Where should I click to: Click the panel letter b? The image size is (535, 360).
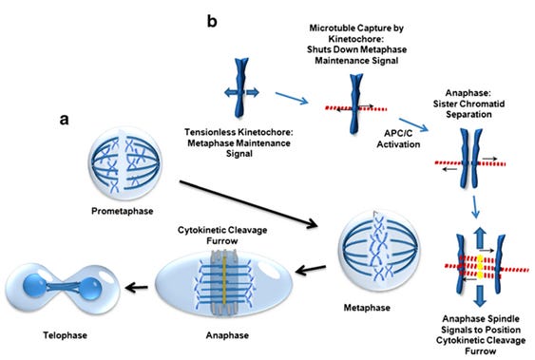pos(212,21)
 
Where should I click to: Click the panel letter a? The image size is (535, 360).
pos(64,120)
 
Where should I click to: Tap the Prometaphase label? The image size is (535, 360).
pos(123,211)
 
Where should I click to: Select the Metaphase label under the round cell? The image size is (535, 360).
pos(367,308)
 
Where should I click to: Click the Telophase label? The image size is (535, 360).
pos(66,335)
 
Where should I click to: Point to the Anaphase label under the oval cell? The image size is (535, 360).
pos(227,335)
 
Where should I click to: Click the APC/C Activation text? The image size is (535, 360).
pos(398,139)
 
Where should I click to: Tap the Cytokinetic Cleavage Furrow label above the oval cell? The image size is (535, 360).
pos(222,236)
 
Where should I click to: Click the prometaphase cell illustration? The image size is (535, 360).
pos(124,163)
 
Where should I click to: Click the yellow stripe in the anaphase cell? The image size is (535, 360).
pos(224,279)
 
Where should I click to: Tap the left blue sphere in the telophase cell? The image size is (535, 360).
pos(35,285)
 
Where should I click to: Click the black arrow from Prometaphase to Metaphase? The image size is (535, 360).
pos(249,204)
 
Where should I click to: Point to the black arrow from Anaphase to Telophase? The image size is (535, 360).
pos(136,288)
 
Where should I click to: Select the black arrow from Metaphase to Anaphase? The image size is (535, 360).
pos(311,270)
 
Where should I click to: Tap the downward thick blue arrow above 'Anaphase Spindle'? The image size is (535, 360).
pos(480,296)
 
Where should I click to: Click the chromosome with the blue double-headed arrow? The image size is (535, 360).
pos(241,88)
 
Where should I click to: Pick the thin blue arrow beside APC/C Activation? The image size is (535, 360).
pos(413,124)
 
